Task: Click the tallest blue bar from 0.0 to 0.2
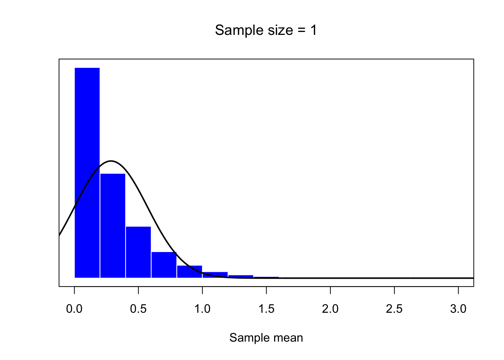click(87, 172)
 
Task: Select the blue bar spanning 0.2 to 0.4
click(113, 225)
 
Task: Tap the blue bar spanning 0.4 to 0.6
click(138, 252)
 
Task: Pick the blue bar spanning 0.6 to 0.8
click(164, 265)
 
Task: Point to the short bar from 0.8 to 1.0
click(189, 271)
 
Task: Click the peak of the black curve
click(111, 161)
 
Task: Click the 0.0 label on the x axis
click(74, 309)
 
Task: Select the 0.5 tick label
click(138, 309)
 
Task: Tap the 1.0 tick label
click(202, 309)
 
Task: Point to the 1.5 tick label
click(266, 309)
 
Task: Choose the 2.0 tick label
click(330, 309)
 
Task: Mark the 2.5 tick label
click(394, 309)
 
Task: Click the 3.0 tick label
click(458, 309)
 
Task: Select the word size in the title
click(278, 30)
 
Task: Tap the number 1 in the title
click(313, 30)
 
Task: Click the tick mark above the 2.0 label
click(330, 290)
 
